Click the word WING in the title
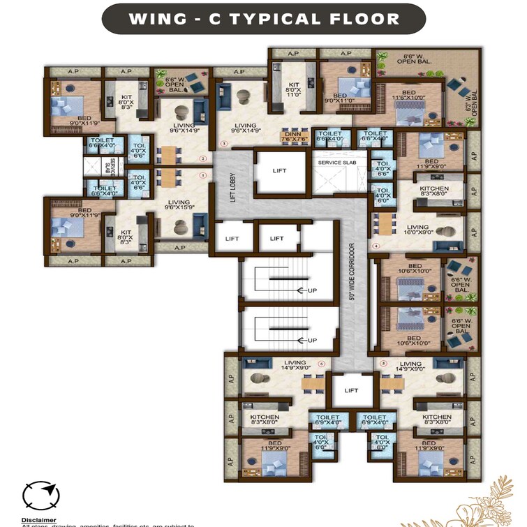(156, 19)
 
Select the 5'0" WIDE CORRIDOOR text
(352, 272)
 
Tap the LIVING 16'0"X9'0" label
(418, 230)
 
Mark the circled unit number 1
(203, 176)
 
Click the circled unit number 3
(223, 144)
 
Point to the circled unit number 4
(376, 246)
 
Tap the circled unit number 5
(383, 364)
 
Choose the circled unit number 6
(321, 364)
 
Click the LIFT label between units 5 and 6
(351, 391)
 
